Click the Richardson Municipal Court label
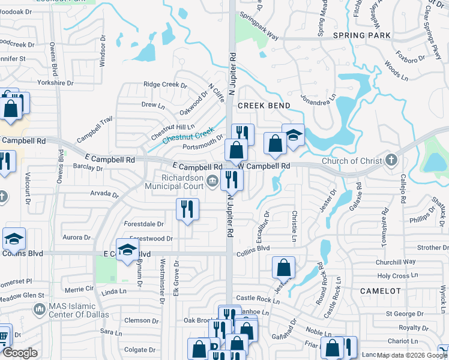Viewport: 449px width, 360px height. pyautogui.click(x=174, y=182)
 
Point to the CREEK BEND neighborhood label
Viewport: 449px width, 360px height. pyautogui.click(x=264, y=106)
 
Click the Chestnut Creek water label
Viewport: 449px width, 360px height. pyautogui.click(x=188, y=136)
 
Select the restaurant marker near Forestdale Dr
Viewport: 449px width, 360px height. pyautogui.click(x=187, y=209)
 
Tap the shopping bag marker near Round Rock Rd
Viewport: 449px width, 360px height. pyautogui.click(x=283, y=267)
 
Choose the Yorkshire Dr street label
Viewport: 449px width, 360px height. pyautogui.click(x=55, y=83)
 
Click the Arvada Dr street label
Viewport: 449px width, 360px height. pyautogui.click(x=104, y=194)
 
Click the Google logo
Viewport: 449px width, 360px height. pyautogui.click(x=19, y=353)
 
